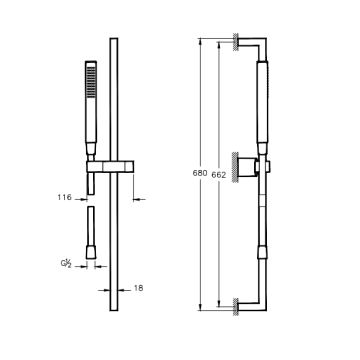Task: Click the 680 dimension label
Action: [200, 173]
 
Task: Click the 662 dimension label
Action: [219, 175]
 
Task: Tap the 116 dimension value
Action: [64, 197]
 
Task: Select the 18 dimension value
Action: [138, 288]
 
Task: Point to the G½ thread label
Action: [66, 264]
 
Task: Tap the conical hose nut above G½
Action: [91, 252]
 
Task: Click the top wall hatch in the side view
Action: [236, 42]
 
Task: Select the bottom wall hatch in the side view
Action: [236, 307]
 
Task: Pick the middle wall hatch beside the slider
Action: [236, 166]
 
